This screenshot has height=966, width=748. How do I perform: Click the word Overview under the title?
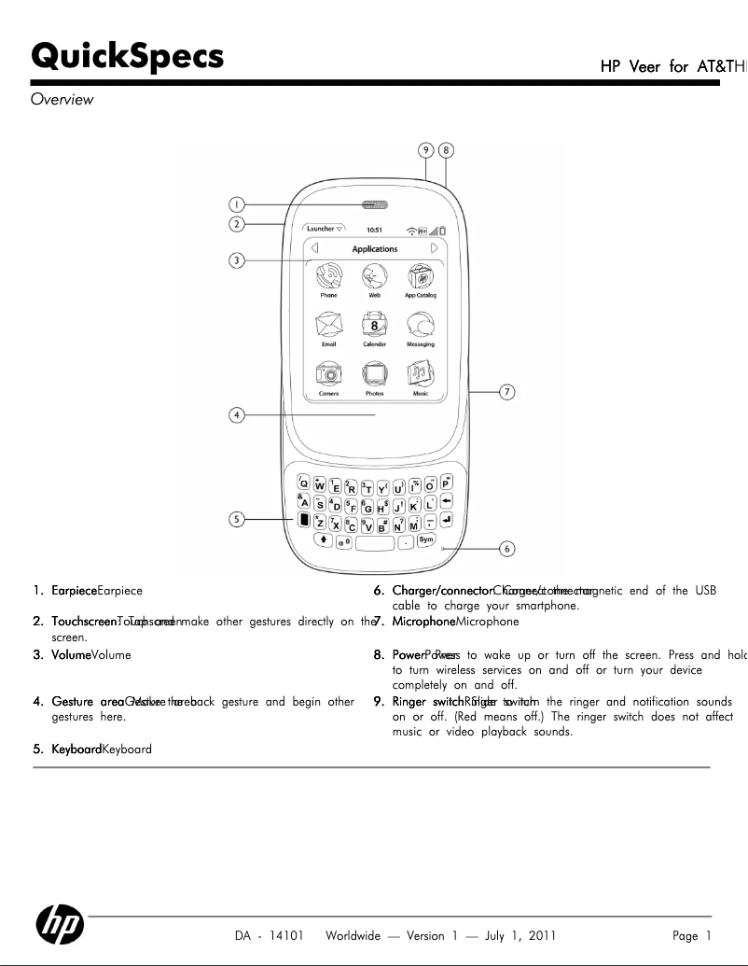coord(62,100)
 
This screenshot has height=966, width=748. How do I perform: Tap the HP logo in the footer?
coord(60,925)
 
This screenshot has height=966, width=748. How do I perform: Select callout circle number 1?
coord(238,204)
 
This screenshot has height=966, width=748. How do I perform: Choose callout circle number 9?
coord(425,149)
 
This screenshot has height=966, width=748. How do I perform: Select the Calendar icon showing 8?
coord(375,326)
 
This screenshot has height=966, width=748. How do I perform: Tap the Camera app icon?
coord(328,374)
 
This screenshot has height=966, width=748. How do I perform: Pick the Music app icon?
coord(421,374)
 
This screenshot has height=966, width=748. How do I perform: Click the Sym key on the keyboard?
coord(427,540)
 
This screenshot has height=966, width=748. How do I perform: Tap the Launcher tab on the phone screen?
coord(323,229)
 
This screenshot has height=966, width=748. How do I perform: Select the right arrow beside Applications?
coord(435,249)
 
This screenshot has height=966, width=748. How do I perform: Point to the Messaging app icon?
coord(421,326)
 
